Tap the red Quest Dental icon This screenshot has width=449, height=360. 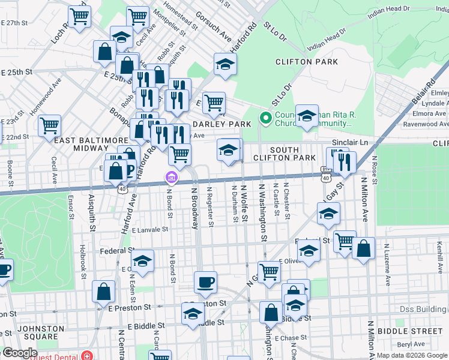click(88, 355)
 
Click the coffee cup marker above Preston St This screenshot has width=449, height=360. click(205, 282)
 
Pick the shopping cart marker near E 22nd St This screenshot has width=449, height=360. click(49, 126)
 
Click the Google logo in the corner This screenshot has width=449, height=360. click(19, 353)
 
